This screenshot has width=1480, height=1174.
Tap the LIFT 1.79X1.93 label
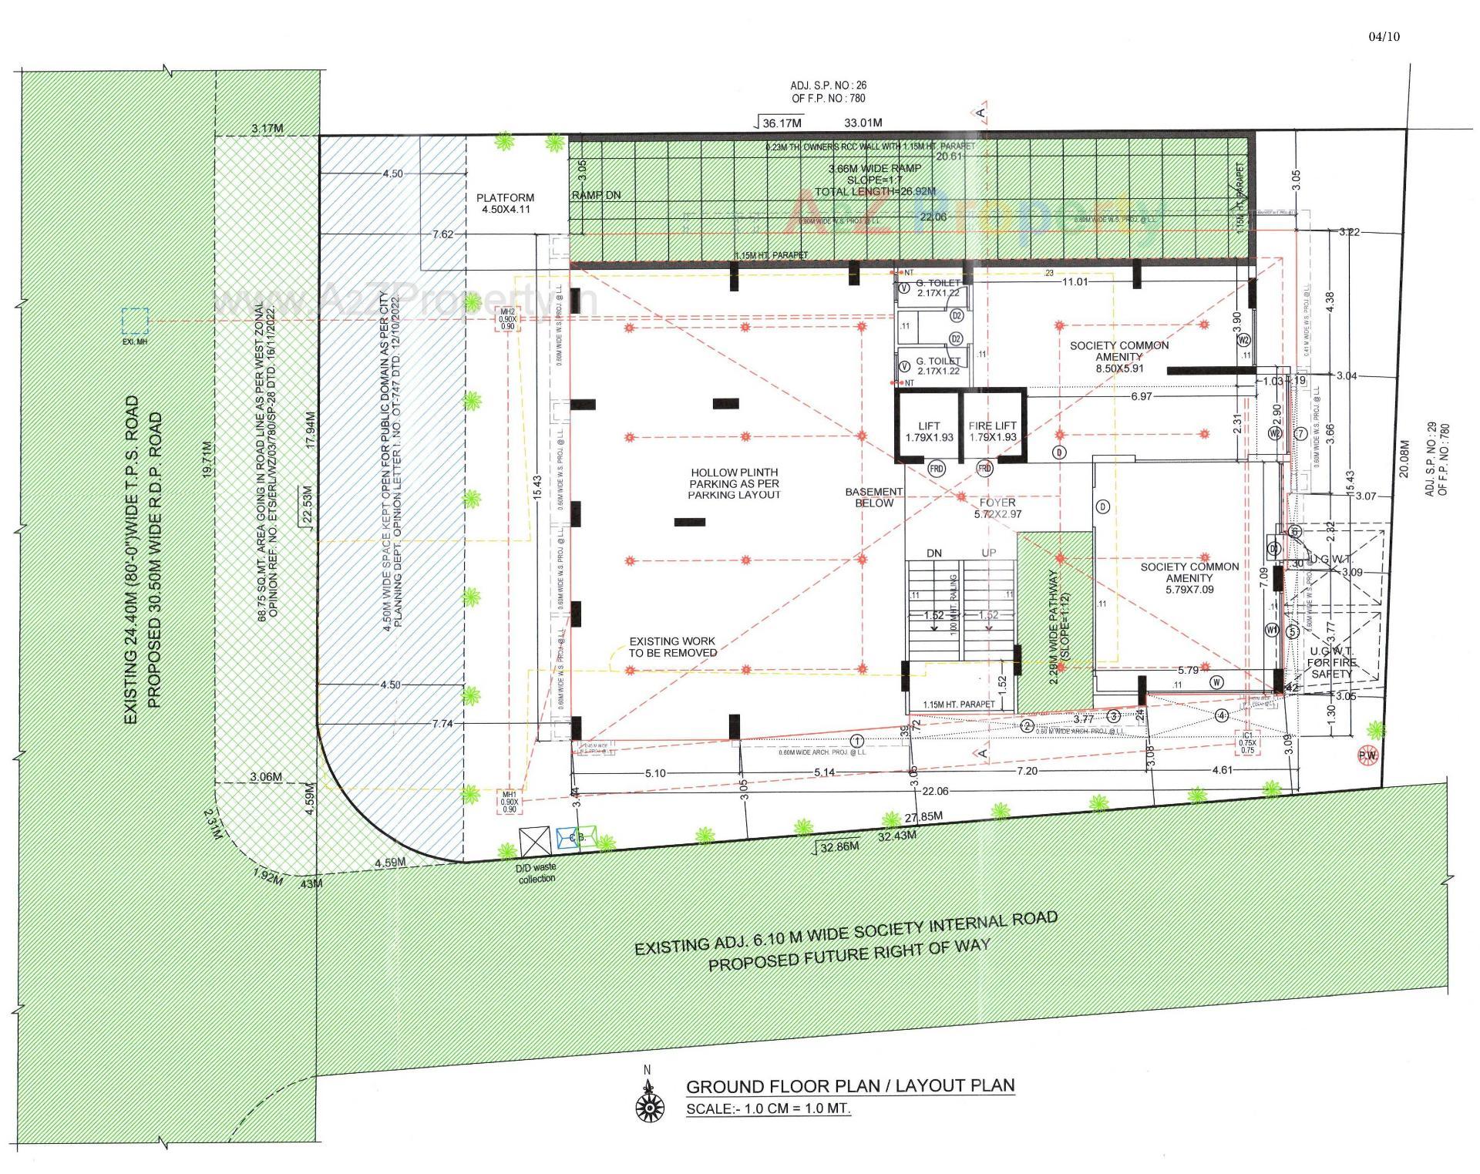click(929, 431)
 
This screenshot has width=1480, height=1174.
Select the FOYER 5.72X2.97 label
click(997, 508)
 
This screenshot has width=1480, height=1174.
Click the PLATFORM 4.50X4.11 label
click(505, 204)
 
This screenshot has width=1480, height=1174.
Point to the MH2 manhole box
click(507, 318)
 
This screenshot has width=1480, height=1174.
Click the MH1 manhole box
click(509, 802)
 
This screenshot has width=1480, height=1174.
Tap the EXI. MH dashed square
click(135, 320)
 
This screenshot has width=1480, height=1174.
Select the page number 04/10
click(1384, 36)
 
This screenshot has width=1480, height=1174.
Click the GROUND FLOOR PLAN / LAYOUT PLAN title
click(849, 1086)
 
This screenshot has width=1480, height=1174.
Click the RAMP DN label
click(596, 195)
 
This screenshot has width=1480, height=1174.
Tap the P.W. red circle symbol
click(1367, 756)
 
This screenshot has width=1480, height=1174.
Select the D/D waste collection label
click(536, 873)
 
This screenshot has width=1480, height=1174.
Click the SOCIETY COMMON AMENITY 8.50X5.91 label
click(1118, 356)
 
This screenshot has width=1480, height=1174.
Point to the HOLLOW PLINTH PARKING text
click(734, 483)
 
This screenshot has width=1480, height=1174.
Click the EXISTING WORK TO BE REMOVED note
click(672, 647)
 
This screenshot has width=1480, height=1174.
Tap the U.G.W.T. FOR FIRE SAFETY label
click(1331, 663)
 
